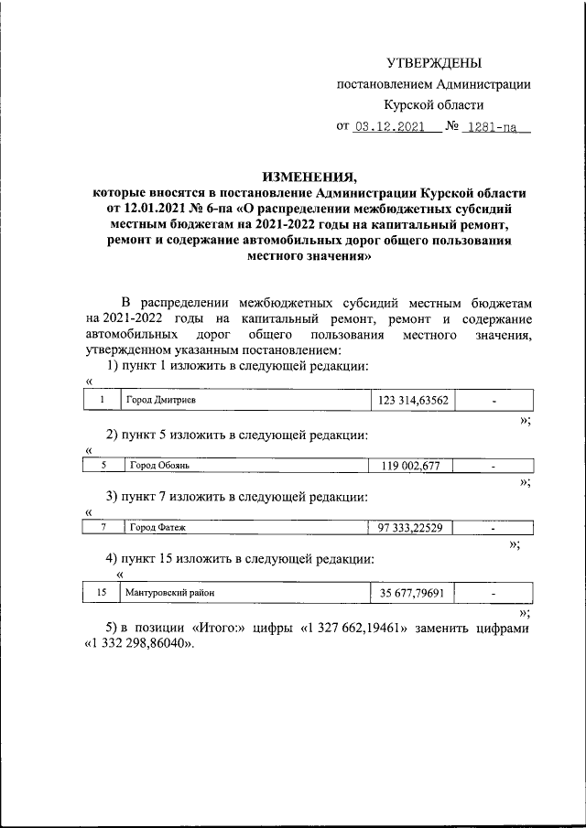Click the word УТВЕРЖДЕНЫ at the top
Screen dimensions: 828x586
tap(433, 63)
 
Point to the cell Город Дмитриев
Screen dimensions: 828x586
tap(162, 401)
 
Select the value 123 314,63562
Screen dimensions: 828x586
tap(412, 401)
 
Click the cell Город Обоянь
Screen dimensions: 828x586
tap(159, 466)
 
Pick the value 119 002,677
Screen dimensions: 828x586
tap(411, 466)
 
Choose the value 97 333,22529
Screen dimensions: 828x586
tap(411, 528)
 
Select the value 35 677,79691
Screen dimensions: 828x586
tap(412, 593)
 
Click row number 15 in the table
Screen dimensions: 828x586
tap(102, 593)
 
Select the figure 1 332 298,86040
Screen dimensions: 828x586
tap(138, 646)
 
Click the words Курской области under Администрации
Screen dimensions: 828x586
tap(433, 104)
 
